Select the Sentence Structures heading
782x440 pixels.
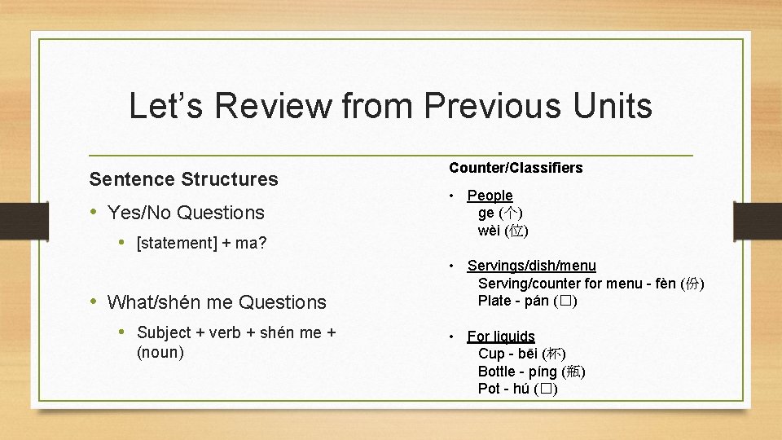click(x=183, y=178)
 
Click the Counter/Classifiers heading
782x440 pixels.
click(x=516, y=168)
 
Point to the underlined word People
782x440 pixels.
click(x=490, y=196)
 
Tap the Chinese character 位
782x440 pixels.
click(x=516, y=231)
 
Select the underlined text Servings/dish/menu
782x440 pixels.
click(x=531, y=266)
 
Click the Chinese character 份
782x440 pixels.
click(x=692, y=284)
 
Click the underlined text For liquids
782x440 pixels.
click(x=501, y=337)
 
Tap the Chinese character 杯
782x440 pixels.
click(x=553, y=354)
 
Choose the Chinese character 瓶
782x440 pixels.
click(x=573, y=372)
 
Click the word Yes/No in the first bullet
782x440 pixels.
click(x=139, y=213)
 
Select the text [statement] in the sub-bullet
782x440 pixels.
click(x=174, y=243)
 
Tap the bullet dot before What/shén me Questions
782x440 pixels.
click(x=93, y=301)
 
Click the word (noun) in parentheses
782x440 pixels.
click(x=160, y=352)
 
